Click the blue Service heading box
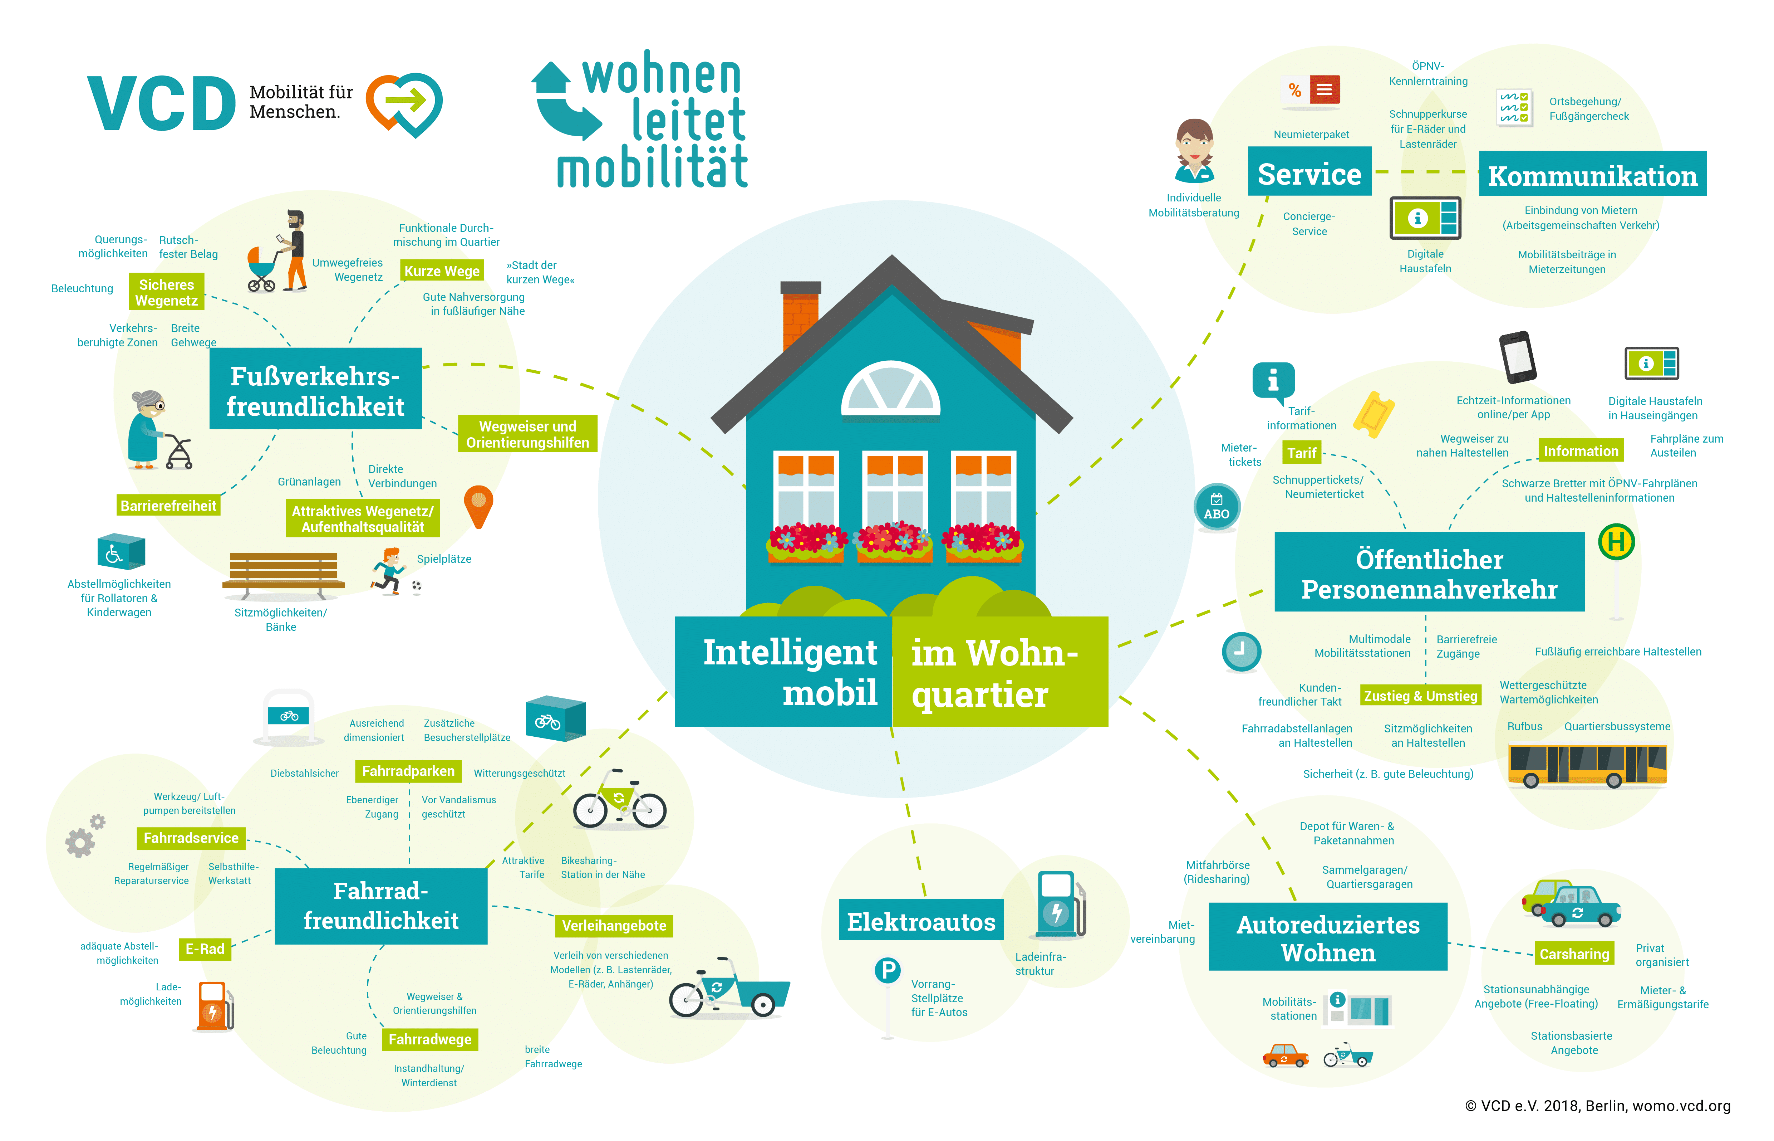click(1309, 172)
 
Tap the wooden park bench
click(284, 574)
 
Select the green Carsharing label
click(1574, 954)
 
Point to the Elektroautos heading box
click(921, 921)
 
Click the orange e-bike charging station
click(214, 1006)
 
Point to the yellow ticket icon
click(1374, 415)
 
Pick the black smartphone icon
click(1517, 357)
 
